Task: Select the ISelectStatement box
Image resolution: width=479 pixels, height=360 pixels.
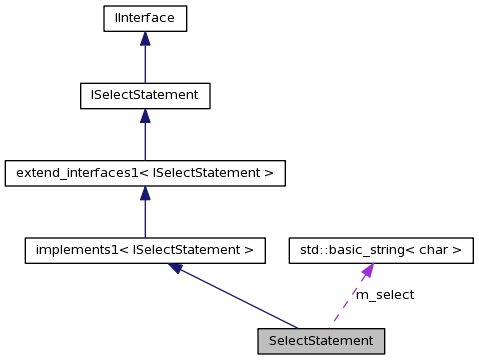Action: click(145, 95)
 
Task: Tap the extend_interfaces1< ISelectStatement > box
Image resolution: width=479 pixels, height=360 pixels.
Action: click(145, 173)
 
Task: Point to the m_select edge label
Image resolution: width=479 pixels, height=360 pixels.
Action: click(385, 295)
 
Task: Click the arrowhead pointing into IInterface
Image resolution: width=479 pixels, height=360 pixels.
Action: click(145, 38)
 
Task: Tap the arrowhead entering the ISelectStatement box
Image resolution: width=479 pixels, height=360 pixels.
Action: click(145, 116)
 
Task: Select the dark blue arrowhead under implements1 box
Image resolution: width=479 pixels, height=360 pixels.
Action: click(178, 269)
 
